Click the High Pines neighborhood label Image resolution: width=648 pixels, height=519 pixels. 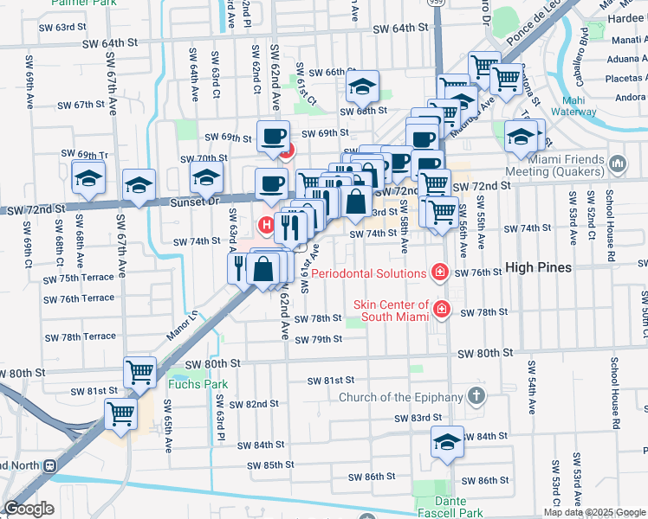coord(538,267)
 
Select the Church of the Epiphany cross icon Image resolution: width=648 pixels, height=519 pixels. coord(476,397)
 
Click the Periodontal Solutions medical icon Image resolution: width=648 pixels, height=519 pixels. coord(440,273)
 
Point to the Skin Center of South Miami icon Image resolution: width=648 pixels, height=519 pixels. coord(441,309)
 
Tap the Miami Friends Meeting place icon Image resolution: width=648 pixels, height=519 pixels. coord(618,163)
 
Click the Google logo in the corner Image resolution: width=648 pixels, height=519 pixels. coord(29,509)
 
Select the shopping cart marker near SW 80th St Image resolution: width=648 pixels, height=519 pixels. coord(139,372)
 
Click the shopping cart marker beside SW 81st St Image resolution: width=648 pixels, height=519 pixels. coord(120,413)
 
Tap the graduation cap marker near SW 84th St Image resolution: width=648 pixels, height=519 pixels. coord(446,442)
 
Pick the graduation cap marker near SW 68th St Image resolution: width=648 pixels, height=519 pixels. coord(363,86)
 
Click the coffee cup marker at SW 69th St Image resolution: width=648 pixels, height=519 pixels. coord(274,137)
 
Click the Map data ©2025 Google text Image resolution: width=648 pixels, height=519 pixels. coord(593,512)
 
